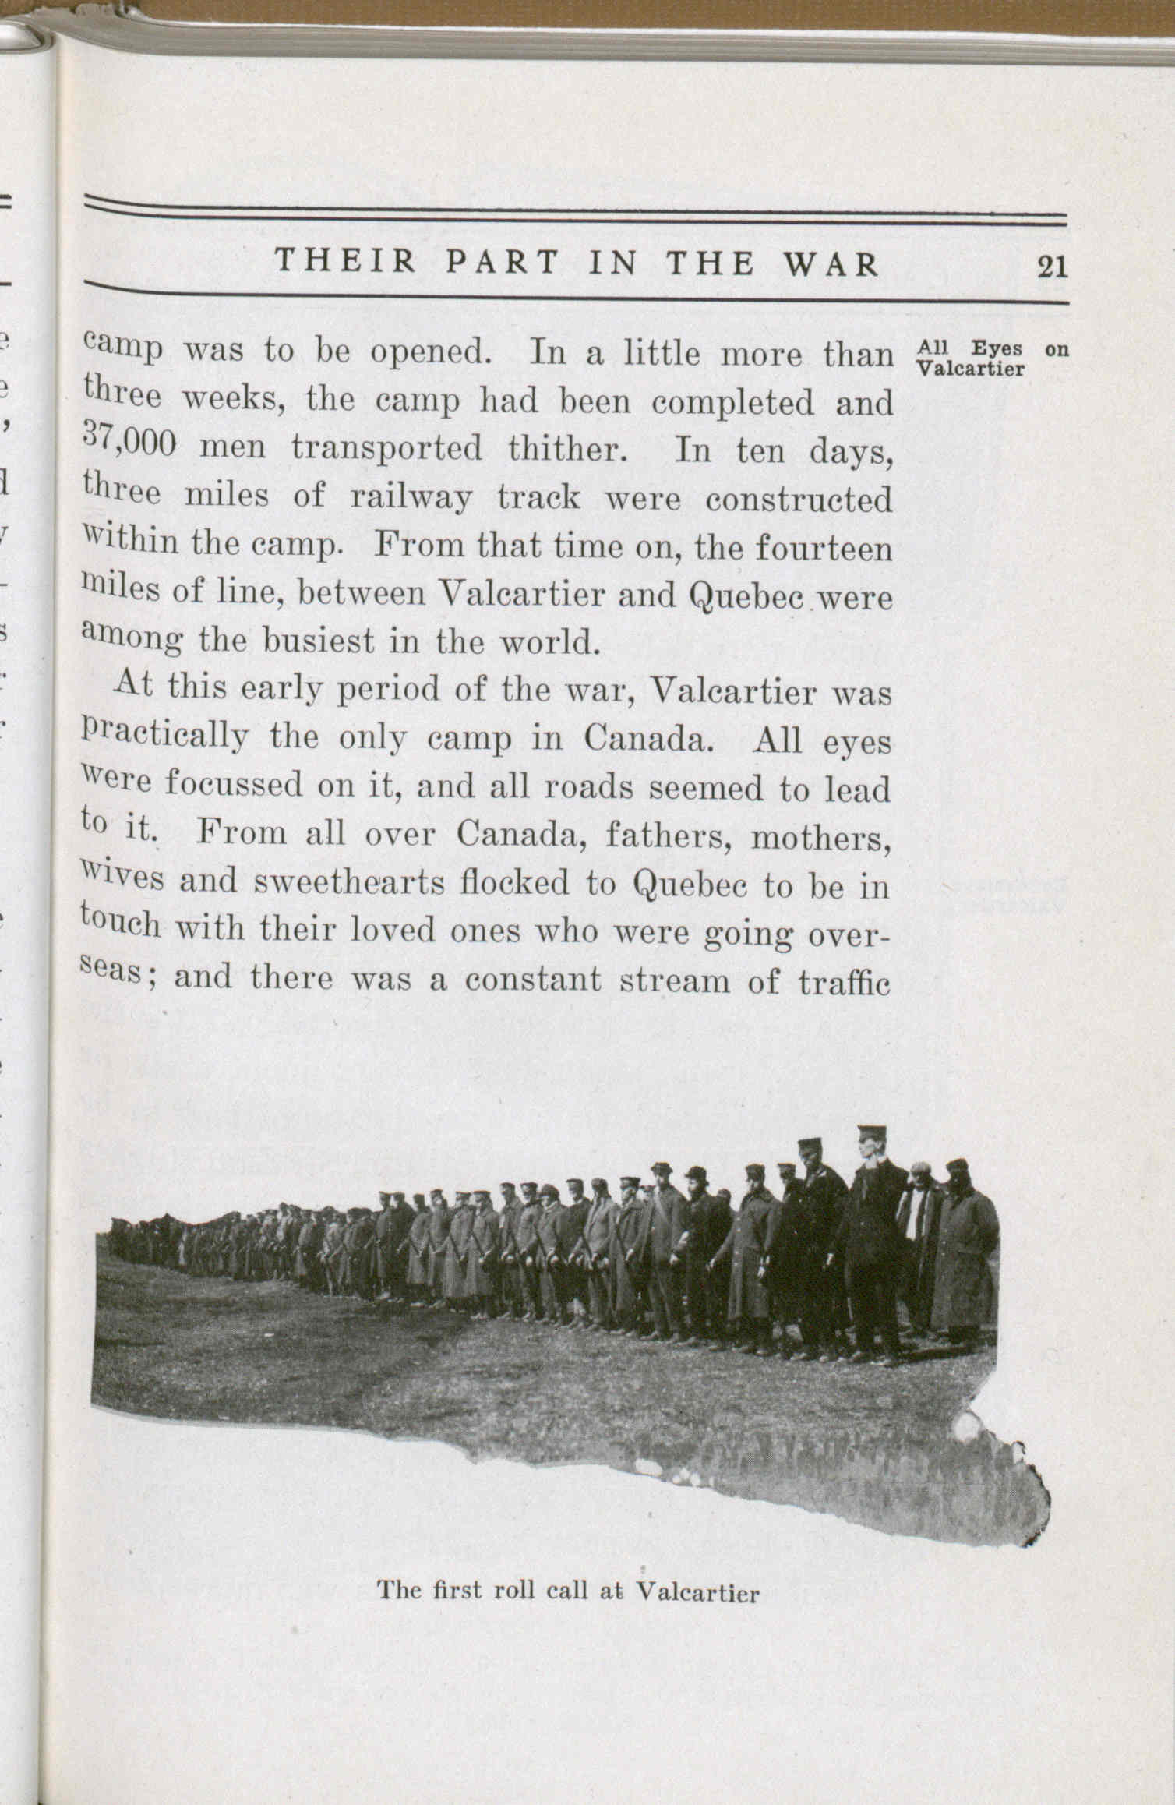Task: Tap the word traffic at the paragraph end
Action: tap(845, 982)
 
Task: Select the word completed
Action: tap(732, 402)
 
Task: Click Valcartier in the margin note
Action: tap(970, 369)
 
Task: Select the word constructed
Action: tap(799, 500)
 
